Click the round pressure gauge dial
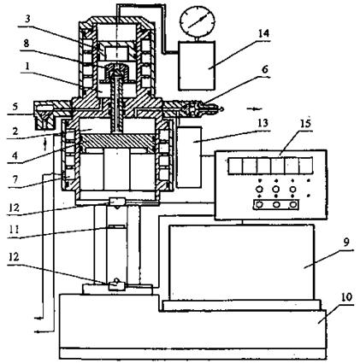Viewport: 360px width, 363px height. (197, 20)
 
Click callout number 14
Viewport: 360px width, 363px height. (263, 34)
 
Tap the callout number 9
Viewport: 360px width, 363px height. (345, 243)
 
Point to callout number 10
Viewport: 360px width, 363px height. (346, 297)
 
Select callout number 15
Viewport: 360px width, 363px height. (304, 124)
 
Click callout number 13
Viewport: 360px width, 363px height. (263, 123)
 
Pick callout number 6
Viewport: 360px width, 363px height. (265, 69)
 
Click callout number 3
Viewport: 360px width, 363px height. (27, 20)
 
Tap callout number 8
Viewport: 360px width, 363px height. (27, 44)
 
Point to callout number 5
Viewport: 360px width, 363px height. (15, 107)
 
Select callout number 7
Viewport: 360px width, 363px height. (15, 179)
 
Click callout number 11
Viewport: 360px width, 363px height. (14, 229)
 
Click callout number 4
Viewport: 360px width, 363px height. (15, 155)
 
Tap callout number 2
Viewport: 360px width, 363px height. (15, 131)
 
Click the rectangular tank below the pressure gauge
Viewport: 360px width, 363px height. (197, 66)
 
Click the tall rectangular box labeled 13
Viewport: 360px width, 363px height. (189, 157)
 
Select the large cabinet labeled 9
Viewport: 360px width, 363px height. (242, 262)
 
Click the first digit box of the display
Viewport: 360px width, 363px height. (235, 166)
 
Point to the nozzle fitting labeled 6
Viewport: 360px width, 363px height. (201, 109)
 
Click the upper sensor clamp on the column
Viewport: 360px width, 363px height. (117, 202)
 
